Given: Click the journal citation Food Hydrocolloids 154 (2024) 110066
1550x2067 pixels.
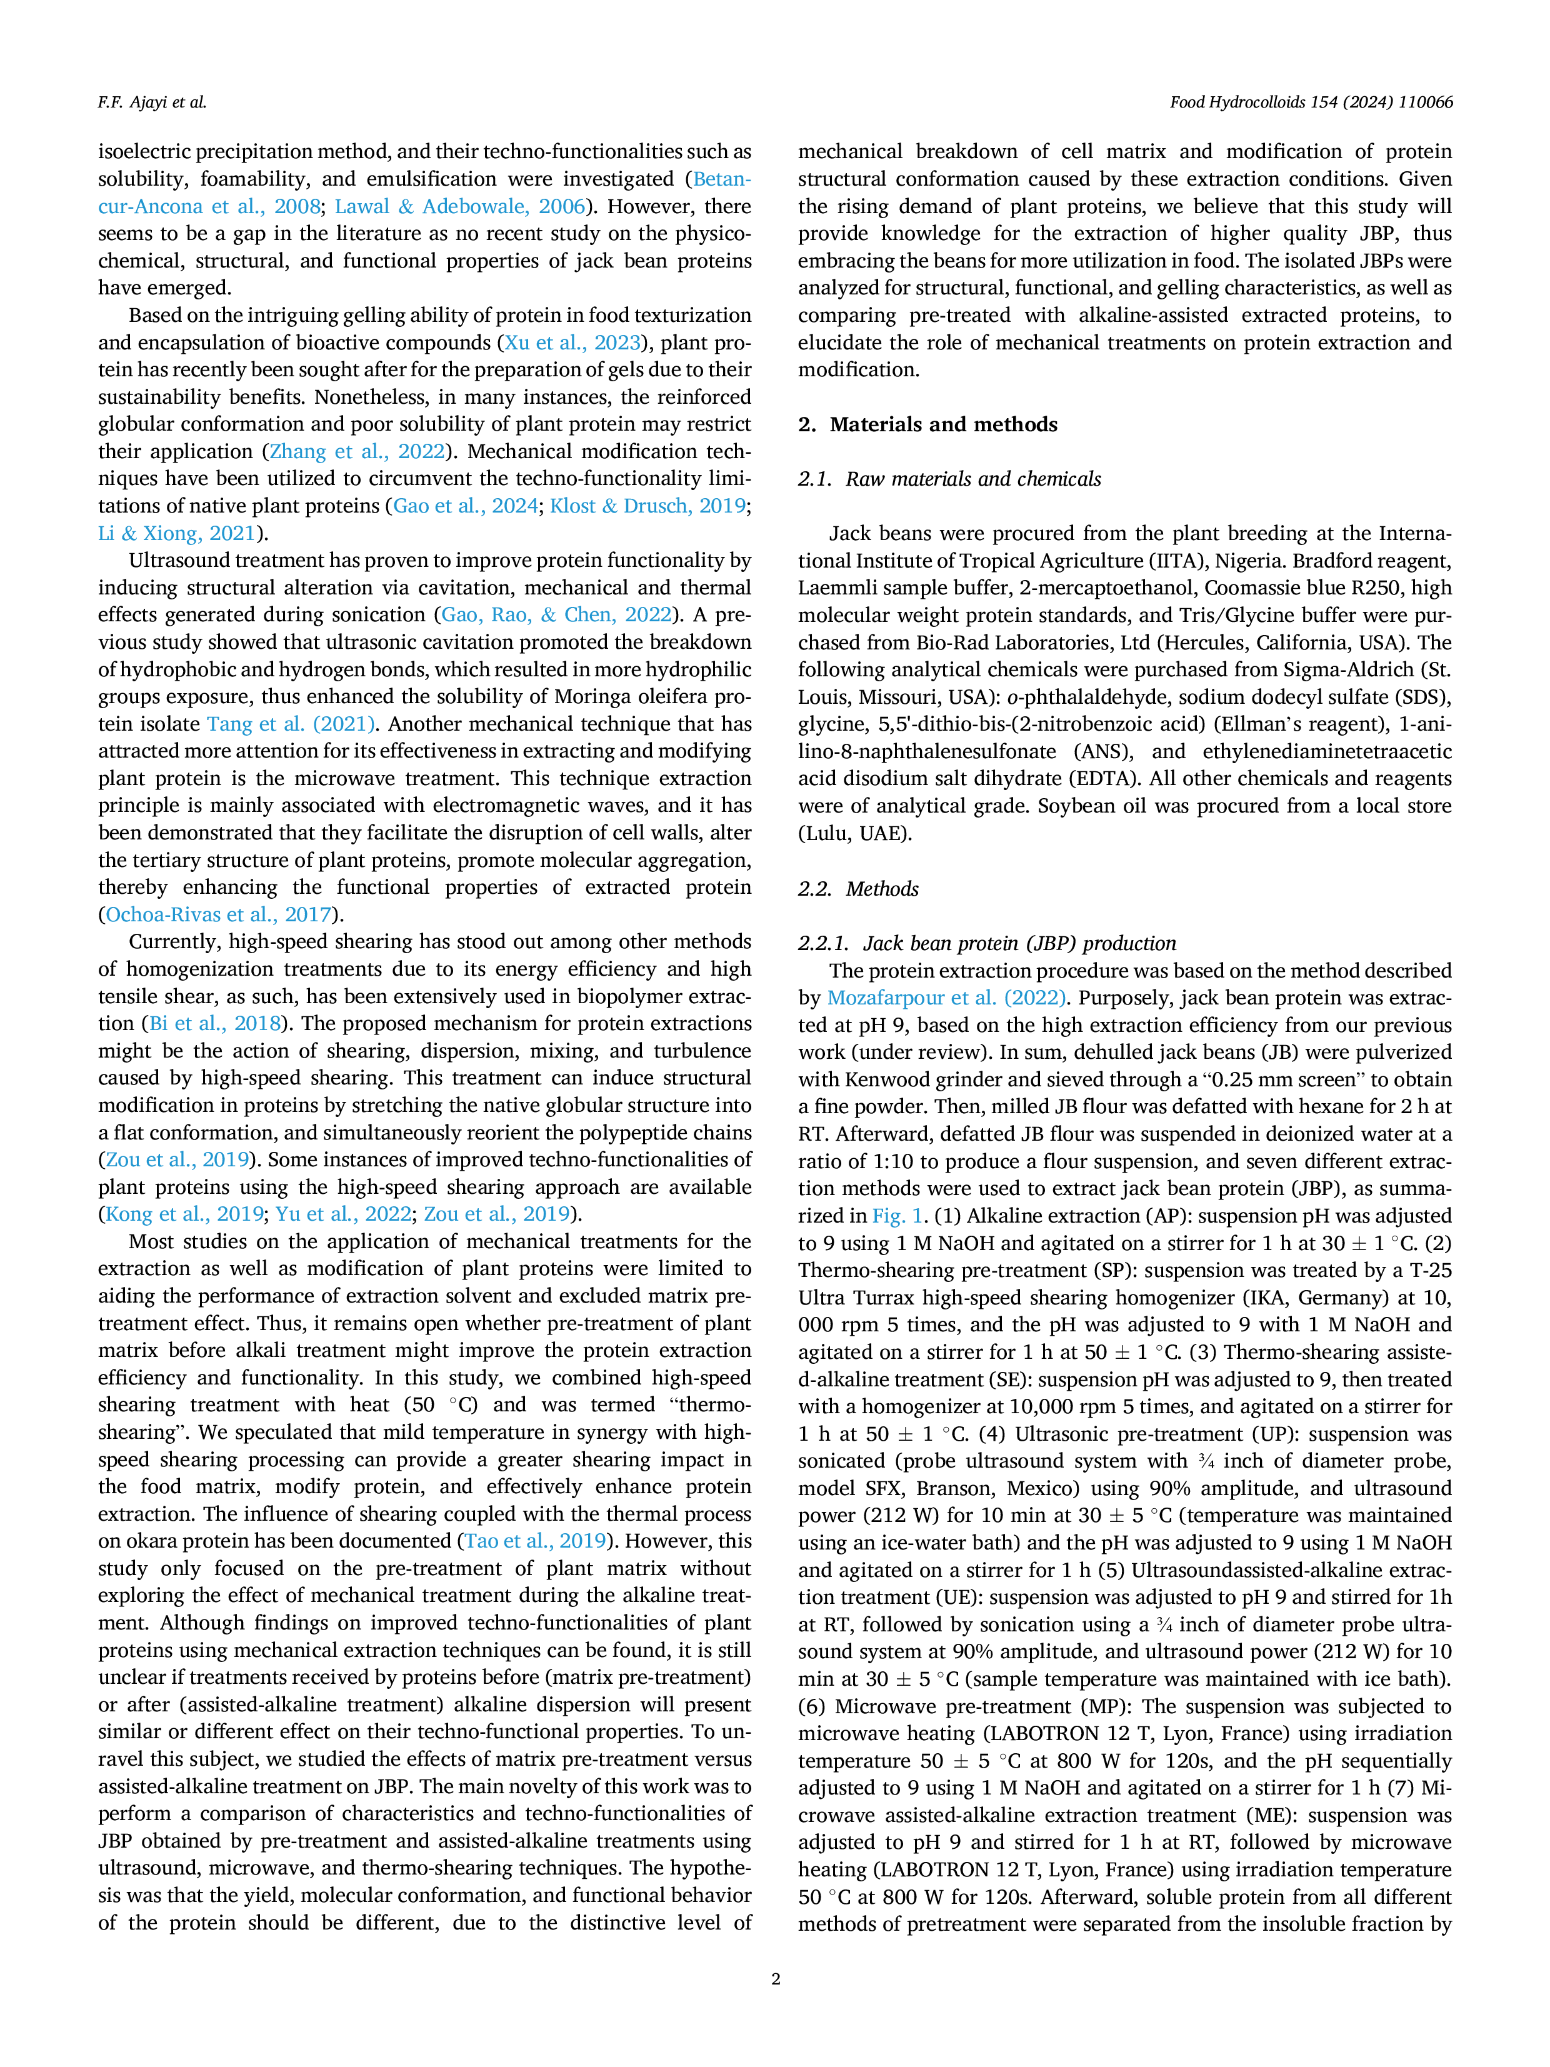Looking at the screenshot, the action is click(x=1311, y=103).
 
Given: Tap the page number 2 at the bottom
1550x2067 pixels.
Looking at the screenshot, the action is click(x=776, y=1978).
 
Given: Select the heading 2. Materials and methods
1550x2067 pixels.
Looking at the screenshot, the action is click(x=927, y=424).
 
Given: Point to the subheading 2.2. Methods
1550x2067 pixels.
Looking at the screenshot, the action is click(x=859, y=889).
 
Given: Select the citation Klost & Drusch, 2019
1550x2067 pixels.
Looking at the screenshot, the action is click(x=647, y=506).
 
